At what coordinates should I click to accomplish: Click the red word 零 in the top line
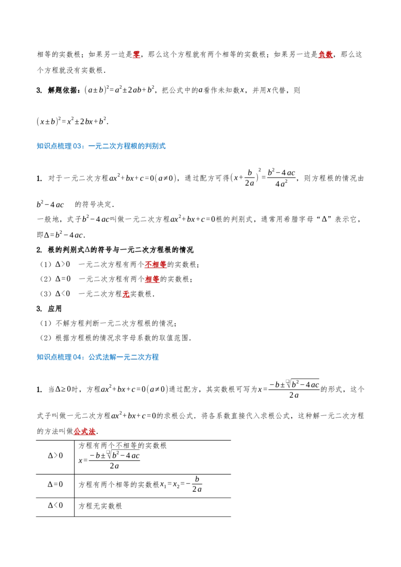click(x=136, y=54)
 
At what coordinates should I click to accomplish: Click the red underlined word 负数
click(x=325, y=54)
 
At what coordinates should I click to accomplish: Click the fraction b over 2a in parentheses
click(x=250, y=177)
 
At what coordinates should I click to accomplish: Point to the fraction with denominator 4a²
click(x=282, y=177)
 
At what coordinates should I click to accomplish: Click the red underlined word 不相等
click(x=155, y=264)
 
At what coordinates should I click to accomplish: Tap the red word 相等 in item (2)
click(x=152, y=279)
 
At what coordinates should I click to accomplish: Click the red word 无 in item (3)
click(x=126, y=294)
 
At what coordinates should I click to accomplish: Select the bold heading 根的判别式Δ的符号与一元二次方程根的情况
click(x=120, y=250)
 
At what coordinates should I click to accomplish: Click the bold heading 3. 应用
click(x=49, y=309)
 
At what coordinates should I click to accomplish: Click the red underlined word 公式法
click(x=84, y=431)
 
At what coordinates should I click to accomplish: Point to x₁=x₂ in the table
click(x=170, y=484)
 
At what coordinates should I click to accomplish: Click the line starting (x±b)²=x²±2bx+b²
click(x=72, y=121)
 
